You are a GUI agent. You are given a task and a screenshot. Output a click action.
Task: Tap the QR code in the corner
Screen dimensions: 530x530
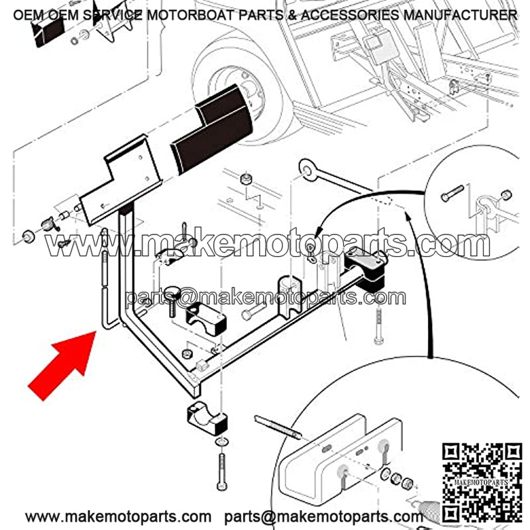(x=482, y=482)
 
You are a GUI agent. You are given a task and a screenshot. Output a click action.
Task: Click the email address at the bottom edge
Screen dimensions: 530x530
(x=323, y=517)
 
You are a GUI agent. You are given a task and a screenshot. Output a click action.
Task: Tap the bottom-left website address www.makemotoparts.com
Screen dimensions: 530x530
(x=118, y=517)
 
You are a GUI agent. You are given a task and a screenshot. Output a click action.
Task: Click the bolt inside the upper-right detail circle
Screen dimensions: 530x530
(x=452, y=193)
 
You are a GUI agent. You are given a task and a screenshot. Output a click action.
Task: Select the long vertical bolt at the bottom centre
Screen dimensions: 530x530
(x=222, y=472)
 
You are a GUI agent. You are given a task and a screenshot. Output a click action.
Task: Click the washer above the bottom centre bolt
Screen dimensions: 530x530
(x=222, y=442)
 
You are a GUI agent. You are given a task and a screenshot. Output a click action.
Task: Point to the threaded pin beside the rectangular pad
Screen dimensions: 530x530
(x=278, y=427)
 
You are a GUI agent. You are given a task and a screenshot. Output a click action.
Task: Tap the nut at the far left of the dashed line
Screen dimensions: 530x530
(x=28, y=236)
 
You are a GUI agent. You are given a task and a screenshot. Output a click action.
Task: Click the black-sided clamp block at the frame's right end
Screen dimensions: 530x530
(x=366, y=268)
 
